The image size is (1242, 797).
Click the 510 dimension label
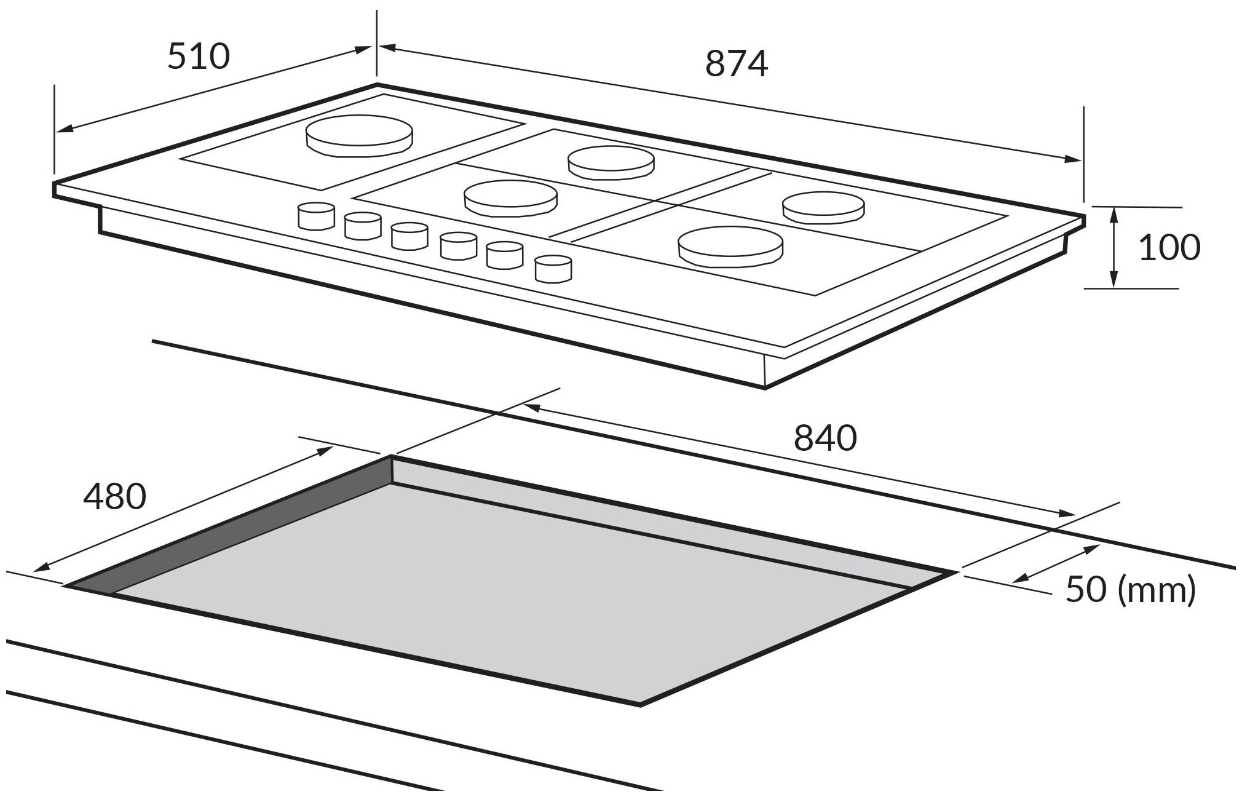(199, 56)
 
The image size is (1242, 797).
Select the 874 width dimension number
(737, 63)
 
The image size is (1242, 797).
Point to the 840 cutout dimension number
(825, 438)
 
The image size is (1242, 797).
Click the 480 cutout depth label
(115, 497)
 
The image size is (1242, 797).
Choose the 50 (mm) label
(1131, 590)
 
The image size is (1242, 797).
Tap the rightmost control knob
(553, 269)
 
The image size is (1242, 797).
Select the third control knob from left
(409, 236)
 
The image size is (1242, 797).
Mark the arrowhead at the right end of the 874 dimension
(1074, 160)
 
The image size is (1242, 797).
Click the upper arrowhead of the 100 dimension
(1114, 215)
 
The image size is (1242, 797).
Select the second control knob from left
(363, 225)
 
